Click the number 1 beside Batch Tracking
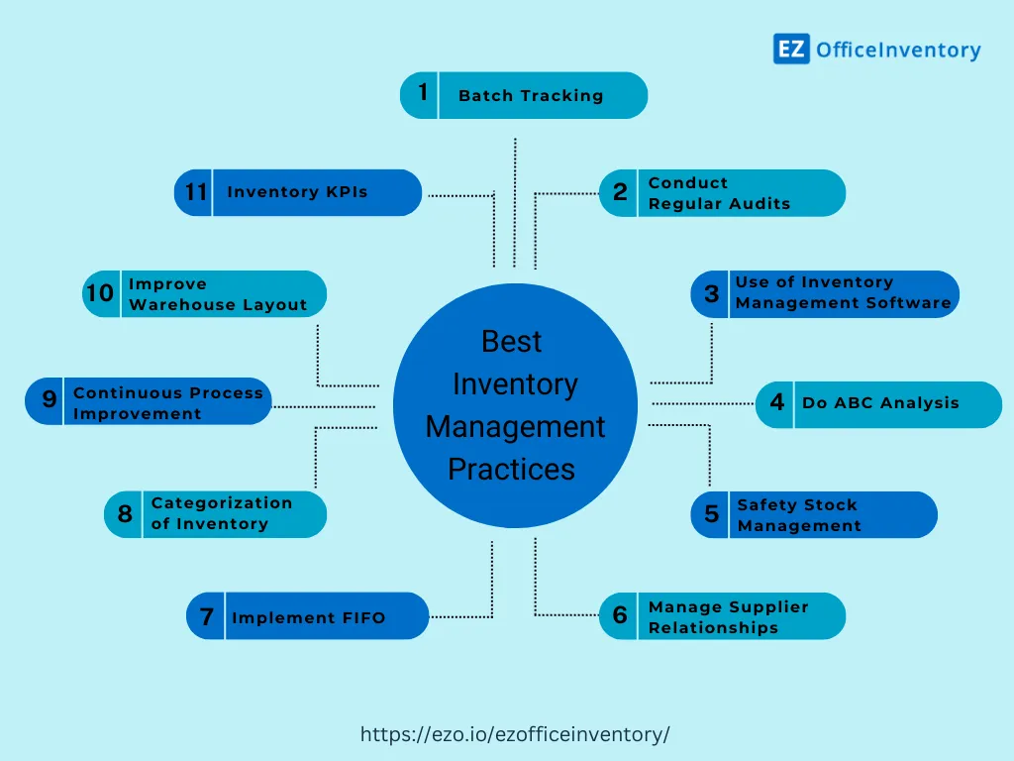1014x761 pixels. (423, 93)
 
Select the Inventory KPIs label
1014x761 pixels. (297, 192)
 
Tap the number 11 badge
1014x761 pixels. (195, 192)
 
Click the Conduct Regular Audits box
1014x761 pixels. (722, 193)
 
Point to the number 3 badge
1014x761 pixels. (711, 294)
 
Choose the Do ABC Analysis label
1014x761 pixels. (880, 403)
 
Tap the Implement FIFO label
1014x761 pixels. (308, 617)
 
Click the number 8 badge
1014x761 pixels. (125, 514)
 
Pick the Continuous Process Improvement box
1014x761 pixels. (149, 402)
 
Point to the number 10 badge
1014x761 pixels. (100, 294)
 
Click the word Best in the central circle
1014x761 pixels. (512, 342)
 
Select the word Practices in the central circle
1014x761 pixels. (511, 469)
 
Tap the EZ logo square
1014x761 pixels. (791, 49)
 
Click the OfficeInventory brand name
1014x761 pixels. (898, 50)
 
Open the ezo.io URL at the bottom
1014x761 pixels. (515, 734)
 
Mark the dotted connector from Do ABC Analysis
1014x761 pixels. (703, 403)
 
